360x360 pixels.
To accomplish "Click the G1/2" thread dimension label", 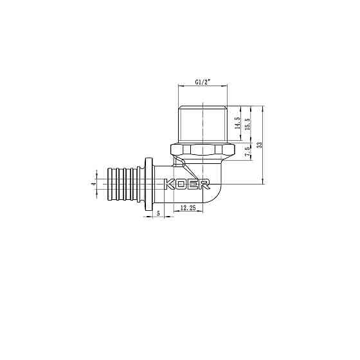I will pos(203,82).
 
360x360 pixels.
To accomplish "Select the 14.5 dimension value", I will pos(237,123).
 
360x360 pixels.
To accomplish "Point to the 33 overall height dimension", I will pos(259,145).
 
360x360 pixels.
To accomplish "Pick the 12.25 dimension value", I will pos(188,208).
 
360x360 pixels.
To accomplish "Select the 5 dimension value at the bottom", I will pos(157,213).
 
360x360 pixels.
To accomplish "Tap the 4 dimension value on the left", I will pos(93,184).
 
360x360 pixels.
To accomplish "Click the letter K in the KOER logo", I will pos(171,184).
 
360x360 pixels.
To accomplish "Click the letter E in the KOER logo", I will pos(194,184).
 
